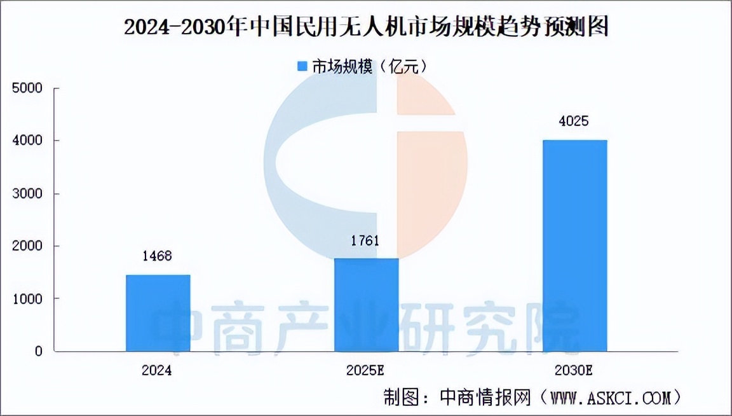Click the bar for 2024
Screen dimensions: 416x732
pyautogui.click(x=158, y=313)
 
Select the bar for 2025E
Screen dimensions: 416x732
pyautogui.click(x=366, y=305)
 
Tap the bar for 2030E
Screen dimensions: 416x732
pyautogui.click(x=574, y=246)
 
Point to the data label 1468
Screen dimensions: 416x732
pyautogui.click(x=158, y=256)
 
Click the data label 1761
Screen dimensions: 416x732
pyautogui.click(x=366, y=240)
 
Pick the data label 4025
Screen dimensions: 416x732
pyautogui.click(x=574, y=121)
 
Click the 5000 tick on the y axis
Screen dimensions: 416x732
pyautogui.click(x=29, y=88)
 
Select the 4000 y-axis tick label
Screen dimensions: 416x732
pyautogui.click(x=29, y=141)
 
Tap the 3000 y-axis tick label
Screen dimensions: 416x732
pyautogui.click(x=29, y=193)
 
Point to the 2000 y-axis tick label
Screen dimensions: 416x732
pyautogui.click(x=29, y=246)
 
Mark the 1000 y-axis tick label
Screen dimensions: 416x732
pyautogui.click(x=29, y=298)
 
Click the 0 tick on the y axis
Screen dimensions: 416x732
pyautogui.click(x=39, y=351)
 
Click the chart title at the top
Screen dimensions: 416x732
pyautogui.click(x=366, y=27)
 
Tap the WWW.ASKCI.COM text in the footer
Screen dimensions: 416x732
pyautogui.click(x=609, y=399)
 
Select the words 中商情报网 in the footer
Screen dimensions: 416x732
pyautogui.click(x=485, y=399)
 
